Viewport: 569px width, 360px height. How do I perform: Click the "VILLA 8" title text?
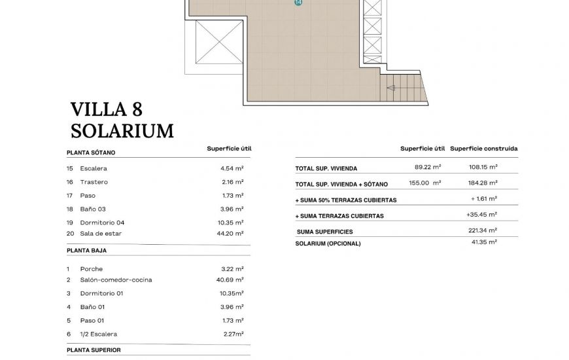(x=106, y=109)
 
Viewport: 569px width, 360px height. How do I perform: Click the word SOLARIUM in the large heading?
(x=122, y=131)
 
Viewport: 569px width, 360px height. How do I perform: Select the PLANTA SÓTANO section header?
(x=91, y=153)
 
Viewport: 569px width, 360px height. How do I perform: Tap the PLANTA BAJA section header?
(x=86, y=250)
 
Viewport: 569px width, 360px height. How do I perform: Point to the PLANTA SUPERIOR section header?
(x=94, y=350)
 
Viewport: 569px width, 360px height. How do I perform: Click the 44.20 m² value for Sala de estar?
(x=232, y=233)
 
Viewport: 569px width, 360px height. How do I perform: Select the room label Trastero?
(x=94, y=182)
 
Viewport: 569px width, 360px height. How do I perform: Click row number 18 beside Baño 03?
(x=69, y=209)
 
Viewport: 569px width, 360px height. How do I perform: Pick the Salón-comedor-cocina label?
(x=116, y=279)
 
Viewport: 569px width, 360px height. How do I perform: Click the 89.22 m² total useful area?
(x=428, y=168)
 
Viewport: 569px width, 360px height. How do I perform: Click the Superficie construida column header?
(x=484, y=149)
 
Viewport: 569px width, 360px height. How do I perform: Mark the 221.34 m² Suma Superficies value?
(x=484, y=230)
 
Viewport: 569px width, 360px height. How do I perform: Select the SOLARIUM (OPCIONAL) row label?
(x=328, y=243)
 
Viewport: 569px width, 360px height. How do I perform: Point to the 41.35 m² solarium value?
(x=484, y=242)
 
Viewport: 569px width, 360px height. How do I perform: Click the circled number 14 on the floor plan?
(x=298, y=3)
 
